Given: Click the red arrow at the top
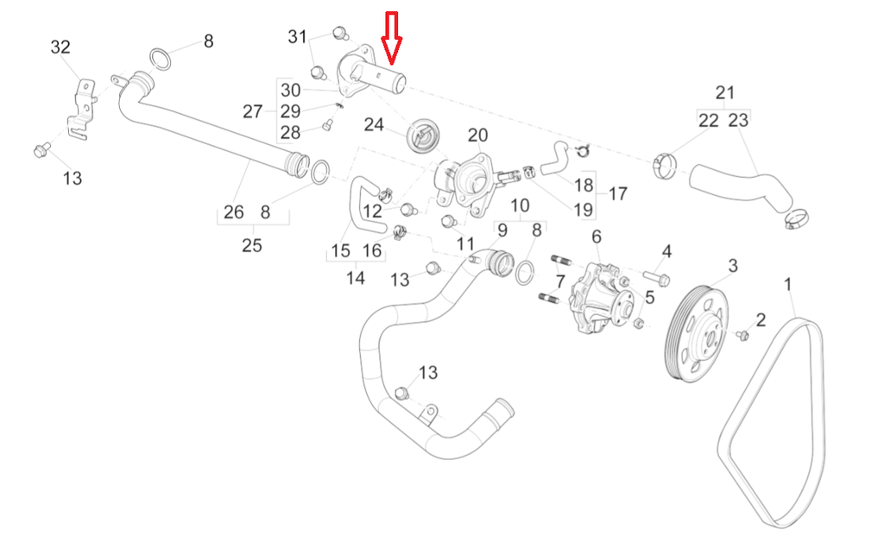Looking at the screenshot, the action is coord(391,37).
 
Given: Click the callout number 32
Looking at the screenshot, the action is coord(60,47).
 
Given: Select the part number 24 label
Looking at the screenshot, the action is coord(374,124).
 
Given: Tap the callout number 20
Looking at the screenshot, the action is coord(477,136).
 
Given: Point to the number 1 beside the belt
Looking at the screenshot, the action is coord(787,285).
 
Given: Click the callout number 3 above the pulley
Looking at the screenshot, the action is coord(732,265).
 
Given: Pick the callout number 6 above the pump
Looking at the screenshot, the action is coord(597,237).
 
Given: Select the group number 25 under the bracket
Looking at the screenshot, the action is coord(252,245).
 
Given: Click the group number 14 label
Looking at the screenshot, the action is coord(355,278).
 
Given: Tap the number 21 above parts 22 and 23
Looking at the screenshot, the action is coord(725,92).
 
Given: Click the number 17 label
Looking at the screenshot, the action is coord(618,194).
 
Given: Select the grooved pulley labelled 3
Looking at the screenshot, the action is coord(697,333).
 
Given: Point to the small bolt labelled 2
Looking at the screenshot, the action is coord(742,335).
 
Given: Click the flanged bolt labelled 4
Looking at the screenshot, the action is coord(656,278).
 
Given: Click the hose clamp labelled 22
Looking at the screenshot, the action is coord(665,166).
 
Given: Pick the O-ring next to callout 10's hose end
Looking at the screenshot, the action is coord(525,274).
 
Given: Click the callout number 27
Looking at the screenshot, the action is coord(253,111).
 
